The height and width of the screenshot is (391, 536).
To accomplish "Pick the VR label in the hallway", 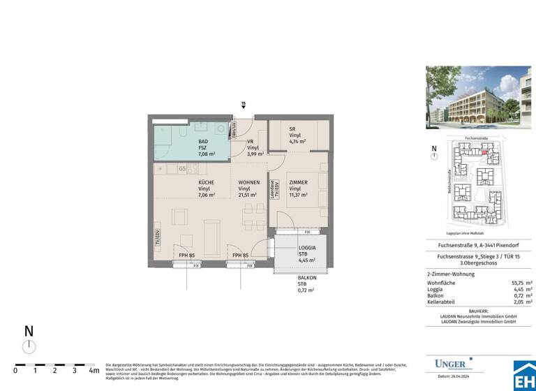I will click(250, 141).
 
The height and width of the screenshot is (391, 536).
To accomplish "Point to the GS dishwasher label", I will click(182, 168).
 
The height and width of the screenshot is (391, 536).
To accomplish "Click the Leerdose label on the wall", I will click(271, 189).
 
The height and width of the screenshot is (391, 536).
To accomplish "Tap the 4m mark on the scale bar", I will click(94, 371).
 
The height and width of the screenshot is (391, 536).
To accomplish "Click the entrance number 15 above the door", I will click(243, 104).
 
